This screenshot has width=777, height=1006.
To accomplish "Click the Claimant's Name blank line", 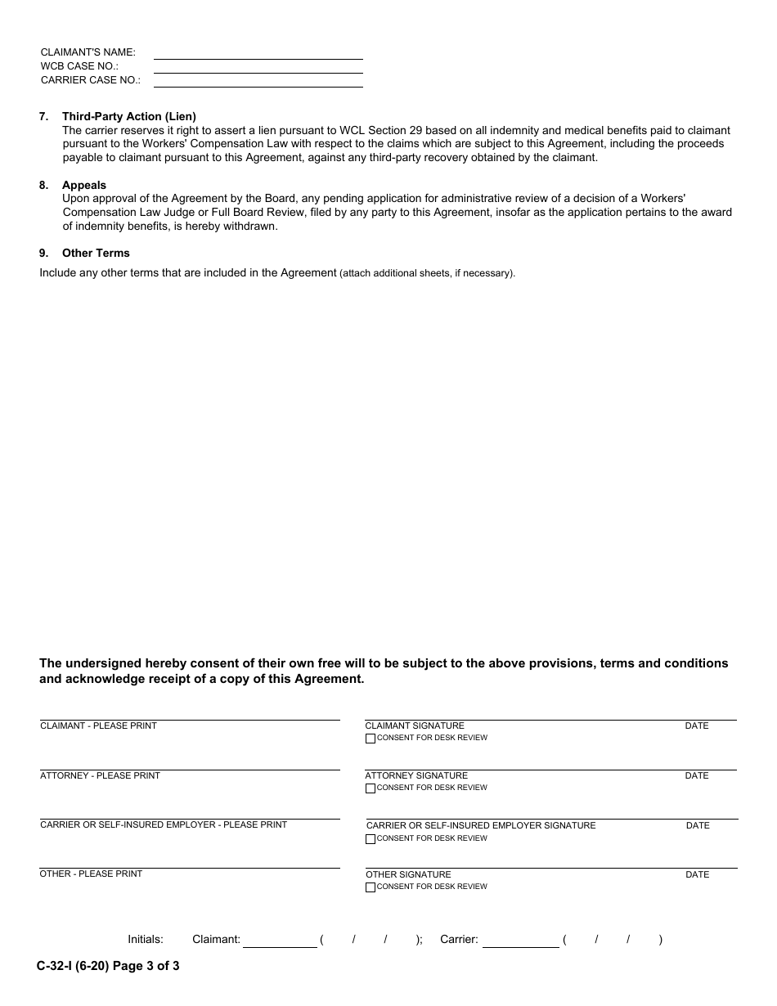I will click(258, 53).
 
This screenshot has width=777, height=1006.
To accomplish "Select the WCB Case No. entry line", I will click(258, 67).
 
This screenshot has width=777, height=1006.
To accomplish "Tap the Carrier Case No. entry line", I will click(258, 81).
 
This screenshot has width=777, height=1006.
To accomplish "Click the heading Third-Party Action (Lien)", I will click(128, 117).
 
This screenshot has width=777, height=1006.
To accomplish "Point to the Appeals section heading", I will click(84, 186).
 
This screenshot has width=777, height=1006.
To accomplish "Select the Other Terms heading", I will click(96, 254).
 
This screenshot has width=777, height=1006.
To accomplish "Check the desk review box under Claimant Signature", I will click(371, 739).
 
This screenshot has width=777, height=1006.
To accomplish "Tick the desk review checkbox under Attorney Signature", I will click(371, 788).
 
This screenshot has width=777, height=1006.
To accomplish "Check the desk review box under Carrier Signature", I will click(371, 839).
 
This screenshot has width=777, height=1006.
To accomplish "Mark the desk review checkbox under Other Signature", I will click(371, 887).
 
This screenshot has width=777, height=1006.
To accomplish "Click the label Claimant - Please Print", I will click(98, 726).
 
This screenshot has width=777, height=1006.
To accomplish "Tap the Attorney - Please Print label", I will click(100, 776).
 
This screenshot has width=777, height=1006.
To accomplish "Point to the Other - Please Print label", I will click(91, 874).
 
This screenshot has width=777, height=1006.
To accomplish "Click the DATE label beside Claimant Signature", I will click(697, 726).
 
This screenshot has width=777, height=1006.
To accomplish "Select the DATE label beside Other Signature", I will click(697, 875).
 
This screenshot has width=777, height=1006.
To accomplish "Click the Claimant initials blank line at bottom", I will click(280, 941).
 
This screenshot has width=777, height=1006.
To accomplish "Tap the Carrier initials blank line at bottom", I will click(520, 941).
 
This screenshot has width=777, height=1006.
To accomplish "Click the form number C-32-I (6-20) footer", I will click(107, 966).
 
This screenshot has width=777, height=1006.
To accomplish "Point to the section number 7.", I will click(43, 117).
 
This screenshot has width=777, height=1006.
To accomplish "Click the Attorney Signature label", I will click(416, 776).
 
